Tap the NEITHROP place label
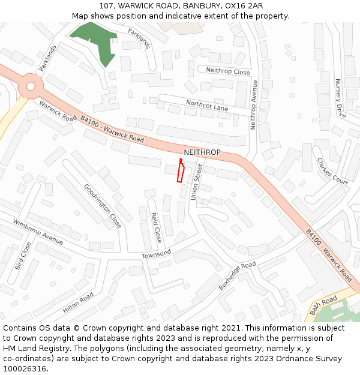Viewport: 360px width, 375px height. point(202,152)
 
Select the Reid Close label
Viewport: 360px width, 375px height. point(156,227)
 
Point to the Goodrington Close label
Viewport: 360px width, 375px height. point(103,206)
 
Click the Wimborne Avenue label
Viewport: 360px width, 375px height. point(38,232)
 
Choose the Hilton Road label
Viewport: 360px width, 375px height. point(78,303)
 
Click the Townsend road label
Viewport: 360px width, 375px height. point(157,255)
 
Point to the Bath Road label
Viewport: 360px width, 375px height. point(324,305)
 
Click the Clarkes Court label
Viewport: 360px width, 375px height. point(332,172)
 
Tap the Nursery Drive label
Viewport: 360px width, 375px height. point(340,98)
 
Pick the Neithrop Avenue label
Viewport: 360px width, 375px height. point(254,104)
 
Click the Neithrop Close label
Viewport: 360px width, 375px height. point(228,71)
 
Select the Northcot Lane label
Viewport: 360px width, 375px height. point(207,106)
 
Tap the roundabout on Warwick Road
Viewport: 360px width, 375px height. point(29,88)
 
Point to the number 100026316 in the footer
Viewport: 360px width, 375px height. point(23,368)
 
